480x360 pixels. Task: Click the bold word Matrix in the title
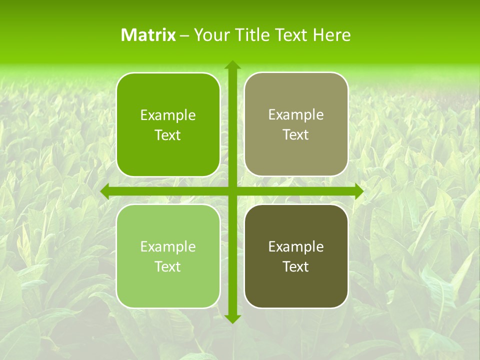148,35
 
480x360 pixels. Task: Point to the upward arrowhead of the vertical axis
232,65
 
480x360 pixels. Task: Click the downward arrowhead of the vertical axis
232,318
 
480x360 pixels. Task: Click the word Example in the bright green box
168,115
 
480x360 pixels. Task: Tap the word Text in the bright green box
168,135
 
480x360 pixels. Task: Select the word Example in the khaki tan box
296,115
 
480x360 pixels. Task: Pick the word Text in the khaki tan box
296,135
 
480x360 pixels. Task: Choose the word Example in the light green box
168,247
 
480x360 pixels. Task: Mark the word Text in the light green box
168,267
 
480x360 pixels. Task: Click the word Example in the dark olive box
296,247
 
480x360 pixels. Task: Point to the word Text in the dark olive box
296,267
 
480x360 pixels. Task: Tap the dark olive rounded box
296,290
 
